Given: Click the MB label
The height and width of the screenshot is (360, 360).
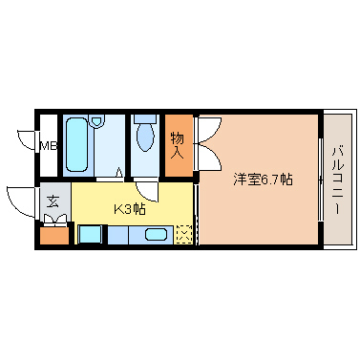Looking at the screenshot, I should tap(47, 146).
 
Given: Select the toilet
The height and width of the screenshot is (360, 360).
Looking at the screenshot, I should tap(145, 136).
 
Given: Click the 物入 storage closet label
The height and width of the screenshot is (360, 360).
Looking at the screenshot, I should tap(178, 144).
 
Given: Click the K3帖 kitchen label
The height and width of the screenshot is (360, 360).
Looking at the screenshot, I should tap(129, 209).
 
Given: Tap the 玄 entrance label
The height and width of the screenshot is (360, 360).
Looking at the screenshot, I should tap(53, 202).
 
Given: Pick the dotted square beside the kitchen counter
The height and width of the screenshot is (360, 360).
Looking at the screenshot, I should tap(183, 233).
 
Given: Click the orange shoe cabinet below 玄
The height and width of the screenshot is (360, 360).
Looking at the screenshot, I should tap(53, 234).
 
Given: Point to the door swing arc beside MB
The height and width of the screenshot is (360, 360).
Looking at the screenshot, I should tap(26, 138).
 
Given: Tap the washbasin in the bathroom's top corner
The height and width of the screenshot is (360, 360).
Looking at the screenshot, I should tap(96, 121).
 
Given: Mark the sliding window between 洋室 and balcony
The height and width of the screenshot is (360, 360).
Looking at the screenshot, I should tap(320, 179).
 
